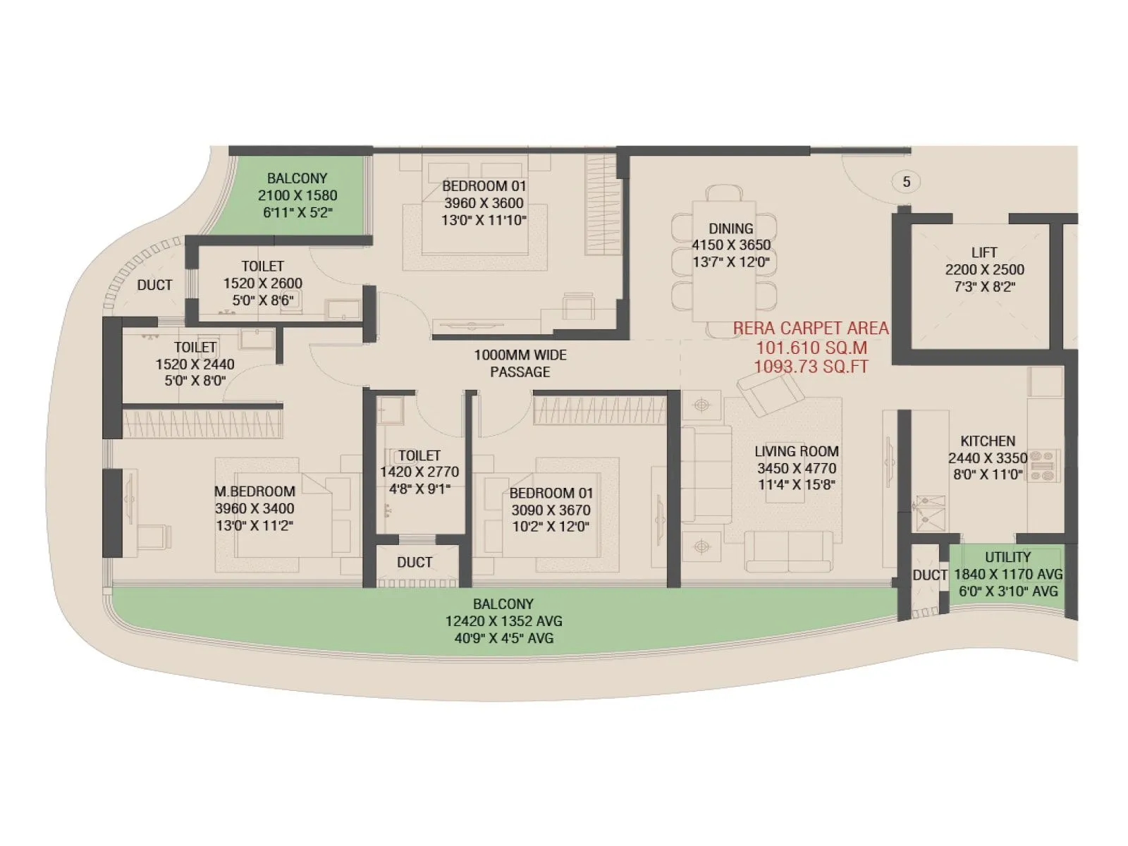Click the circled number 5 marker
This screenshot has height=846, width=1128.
click(906, 182)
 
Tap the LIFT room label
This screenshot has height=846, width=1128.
click(984, 252)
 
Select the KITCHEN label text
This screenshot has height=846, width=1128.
click(988, 441)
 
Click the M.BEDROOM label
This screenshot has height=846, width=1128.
click(255, 491)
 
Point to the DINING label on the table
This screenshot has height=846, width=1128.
click(731, 228)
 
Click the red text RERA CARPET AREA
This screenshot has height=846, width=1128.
click(811, 329)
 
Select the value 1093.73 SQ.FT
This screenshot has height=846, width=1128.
click(811, 367)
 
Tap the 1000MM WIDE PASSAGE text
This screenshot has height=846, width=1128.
click(520, 363)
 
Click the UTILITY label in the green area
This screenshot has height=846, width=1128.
click(1007, 557)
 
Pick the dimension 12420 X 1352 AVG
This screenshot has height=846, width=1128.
click(503, 621)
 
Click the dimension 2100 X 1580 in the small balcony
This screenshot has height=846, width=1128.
click(298, 195)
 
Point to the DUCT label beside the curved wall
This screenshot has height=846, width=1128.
click(154, 285)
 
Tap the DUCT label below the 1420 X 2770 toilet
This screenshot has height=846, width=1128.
click(414, 562)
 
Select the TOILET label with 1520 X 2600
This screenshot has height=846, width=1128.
click(262, 266)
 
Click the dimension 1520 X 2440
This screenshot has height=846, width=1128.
click(195, 364)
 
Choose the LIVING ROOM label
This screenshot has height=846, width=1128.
click(797, 451)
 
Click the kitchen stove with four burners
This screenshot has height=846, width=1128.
click(1045, 466)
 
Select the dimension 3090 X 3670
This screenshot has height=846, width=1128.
click(551, 510)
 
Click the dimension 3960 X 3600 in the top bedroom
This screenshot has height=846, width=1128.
click(484, 203)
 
